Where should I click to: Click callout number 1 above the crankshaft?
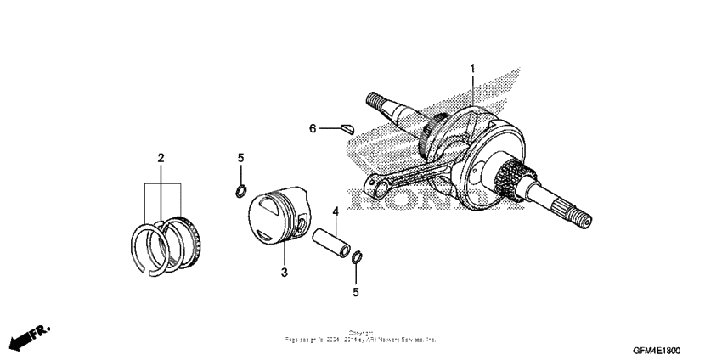pyautogui.click(x=473, y=68)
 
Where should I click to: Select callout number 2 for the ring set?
pyautogui.click(x=161, y=157)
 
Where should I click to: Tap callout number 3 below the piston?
pyautogui.click(x=285, y=272)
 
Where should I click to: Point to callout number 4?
pyautogui.click(x=336, y=211)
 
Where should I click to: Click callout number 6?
pyautogui.click(x=313, y=128)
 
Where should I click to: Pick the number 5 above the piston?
pyautogui.click(x=240, y=158)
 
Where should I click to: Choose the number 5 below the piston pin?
pyautogui.click(x=356, y=292)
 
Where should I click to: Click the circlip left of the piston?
pyautogui.click(x=241, y=189)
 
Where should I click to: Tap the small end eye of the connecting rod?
pyautogui.click(x=375, y=184)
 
